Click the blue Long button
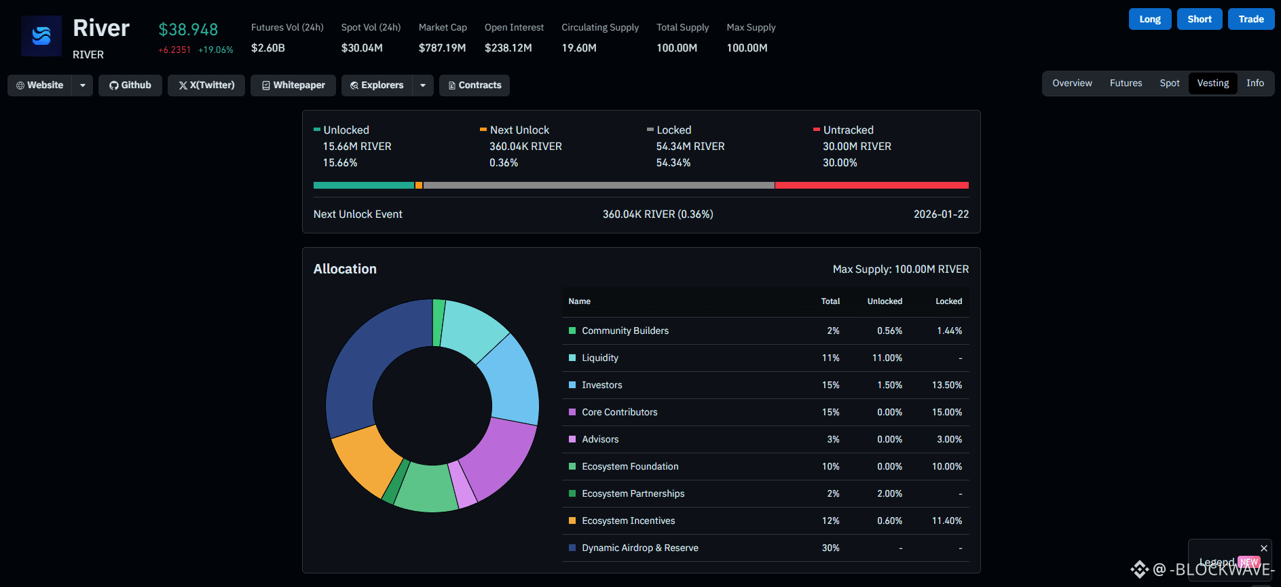tap(1150, 19)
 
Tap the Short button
tap(1200, 19)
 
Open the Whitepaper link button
tap(293, 86)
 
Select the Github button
tap(130, 86)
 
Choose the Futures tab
tap(1126, 83)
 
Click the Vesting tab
tap(1212, 83)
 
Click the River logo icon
tap(41, 36)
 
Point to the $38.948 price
tap(188, 30)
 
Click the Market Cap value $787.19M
tap(442, 48)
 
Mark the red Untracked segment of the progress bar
tap(872, 185)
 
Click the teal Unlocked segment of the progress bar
tap(364, 185)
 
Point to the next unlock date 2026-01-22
tap(941, 214)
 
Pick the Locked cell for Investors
tap(947, 385)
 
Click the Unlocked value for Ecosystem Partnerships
tap(889, 494)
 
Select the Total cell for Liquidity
tap(831, 358)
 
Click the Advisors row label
tap(600, 440)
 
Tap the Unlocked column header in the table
tap(885, 301)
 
